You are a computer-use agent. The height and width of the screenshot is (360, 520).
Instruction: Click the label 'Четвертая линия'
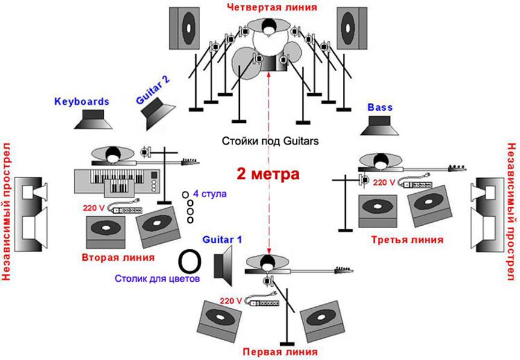click(x=272, y=7)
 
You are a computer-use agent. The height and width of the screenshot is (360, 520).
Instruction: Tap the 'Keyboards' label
click(x=81, y=101)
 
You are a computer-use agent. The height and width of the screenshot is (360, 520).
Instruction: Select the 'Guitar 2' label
click(x=153, y=90)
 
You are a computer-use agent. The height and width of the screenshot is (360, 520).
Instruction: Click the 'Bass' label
click(x=380, y=107)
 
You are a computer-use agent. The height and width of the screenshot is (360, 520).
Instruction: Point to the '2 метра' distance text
click(x=268, y=174)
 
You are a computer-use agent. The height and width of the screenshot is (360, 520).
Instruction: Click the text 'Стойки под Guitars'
click(x=270, y=141)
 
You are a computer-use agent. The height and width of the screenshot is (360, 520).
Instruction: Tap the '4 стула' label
click(x=210, y=193)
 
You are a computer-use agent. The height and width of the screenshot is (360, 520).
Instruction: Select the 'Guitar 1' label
click(x=222, y=240)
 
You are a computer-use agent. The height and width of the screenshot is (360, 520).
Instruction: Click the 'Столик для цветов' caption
click(x=157, y=279)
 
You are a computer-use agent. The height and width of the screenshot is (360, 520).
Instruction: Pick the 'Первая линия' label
click(x=280, y=352)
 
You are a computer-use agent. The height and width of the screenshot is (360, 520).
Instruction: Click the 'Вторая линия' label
click(x=118, y=257)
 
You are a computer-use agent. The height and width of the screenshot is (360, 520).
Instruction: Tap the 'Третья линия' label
click(x=407, y=240)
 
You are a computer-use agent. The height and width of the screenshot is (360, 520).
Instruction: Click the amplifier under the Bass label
click(x=380, y=126)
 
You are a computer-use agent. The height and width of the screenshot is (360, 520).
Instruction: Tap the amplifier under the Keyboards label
click(x=93, y=119)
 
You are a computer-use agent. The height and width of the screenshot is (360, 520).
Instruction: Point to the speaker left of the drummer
click(x=184, y=28)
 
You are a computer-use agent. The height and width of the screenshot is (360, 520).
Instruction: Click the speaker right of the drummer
click(x=352, y=28)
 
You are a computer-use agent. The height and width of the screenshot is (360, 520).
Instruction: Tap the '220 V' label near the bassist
click(x=384, y=182)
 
